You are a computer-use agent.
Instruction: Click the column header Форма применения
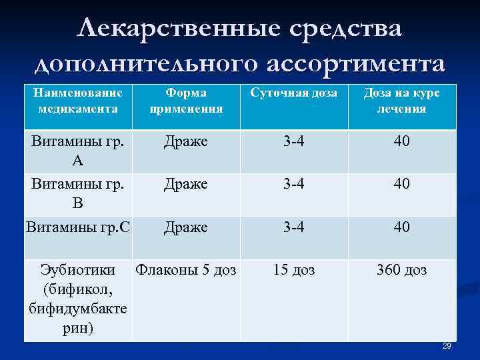coord(186,101)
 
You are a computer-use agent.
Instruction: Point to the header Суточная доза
coord(293,93)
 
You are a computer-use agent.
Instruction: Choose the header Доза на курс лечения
coord(401,101)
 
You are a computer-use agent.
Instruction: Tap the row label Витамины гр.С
coord(77,227)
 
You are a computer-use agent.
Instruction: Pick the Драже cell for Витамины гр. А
coord(186,141)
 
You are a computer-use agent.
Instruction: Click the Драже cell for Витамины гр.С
coord(186,227)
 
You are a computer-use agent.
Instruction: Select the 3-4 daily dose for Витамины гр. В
coord(293,183)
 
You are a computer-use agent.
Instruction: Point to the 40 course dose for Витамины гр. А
coord(401,141)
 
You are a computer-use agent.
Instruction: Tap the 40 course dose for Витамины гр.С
coord(401,227)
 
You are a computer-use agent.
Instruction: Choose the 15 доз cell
coord(293,270)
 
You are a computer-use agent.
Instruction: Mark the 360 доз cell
coord(401,270)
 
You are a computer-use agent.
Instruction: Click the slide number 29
coord(447,345)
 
